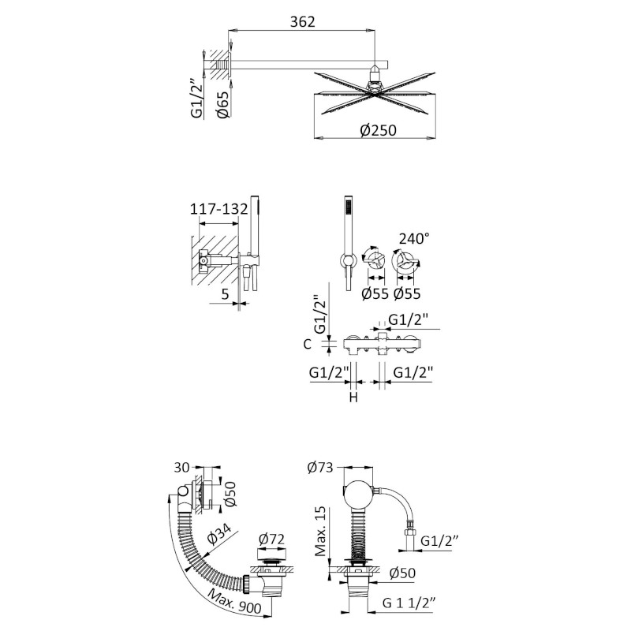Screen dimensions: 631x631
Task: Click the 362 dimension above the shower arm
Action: [303, 21]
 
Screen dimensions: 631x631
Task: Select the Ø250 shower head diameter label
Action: [378, 130]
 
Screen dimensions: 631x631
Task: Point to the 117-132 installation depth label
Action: [219, 209]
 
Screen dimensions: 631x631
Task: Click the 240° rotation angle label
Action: [413, 238]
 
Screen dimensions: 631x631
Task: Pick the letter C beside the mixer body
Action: [308, 345]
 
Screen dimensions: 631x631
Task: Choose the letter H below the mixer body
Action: [353, 398]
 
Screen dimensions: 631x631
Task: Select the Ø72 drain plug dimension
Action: [271, 539]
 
